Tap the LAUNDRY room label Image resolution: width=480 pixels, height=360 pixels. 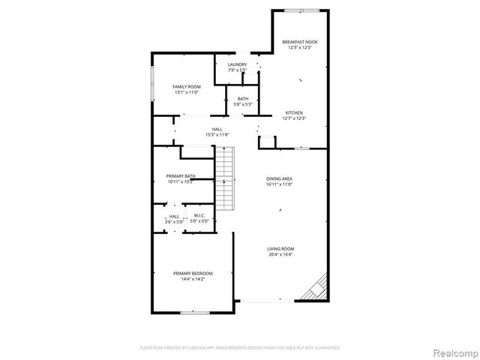click(238, 65)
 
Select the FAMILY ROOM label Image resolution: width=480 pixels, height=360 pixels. click(187, 86)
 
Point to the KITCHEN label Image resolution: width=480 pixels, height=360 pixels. click(294, 112)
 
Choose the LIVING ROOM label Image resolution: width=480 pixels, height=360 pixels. click(281, 249)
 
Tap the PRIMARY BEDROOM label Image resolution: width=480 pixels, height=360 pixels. click(193, 273)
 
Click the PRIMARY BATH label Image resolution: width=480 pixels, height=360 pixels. click(181, 176)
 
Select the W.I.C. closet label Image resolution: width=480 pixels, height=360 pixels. click(199, 217)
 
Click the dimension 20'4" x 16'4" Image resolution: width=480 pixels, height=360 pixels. click(281, 255)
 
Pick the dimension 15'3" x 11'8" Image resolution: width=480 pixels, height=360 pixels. click(217, 135)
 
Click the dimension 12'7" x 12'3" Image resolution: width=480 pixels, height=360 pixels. click(294, 118)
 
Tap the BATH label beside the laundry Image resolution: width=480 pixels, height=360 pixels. click(243, 99)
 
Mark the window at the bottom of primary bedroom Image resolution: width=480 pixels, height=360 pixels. click(193, 311)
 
